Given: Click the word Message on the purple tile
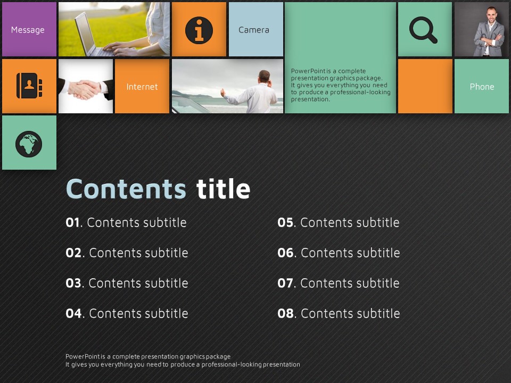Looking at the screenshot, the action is pyautogui.click(x=28, y=30).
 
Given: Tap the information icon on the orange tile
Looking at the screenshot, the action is pyautogui.click(x=199, y=30).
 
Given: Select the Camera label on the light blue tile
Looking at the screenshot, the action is pyautogui.click(x=254, y=30).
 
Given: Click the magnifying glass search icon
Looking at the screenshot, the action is pyautogui.click(x=423, y=30).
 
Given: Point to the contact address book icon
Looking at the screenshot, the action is pyautogui.click(x=29, y=86).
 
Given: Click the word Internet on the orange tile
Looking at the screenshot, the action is pyautogui.click(x=142, y=87).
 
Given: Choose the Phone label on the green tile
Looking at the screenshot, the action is pyautogui.click(x=482, y=87).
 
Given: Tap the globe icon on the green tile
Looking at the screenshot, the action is pyautogui.click(x=29, y=144).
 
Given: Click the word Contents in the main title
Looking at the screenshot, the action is pyautogui.click(x=126, y=189).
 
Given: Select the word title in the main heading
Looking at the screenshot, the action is pyautogui.click(x=223, y=189).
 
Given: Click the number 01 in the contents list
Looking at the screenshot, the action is pyautogui.click(x=72, y=222).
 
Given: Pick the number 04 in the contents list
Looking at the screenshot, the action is pyautogui.click(x=73, y=313).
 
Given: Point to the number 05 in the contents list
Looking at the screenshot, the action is pyautogui.click(x=285, y=222).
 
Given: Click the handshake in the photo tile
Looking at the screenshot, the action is pyautogui.click(x=85, y=89).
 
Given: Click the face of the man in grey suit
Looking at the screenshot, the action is pyautogui.click(x=491, y=15).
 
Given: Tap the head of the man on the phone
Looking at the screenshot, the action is pyautogui.click(x=265, y=77).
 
